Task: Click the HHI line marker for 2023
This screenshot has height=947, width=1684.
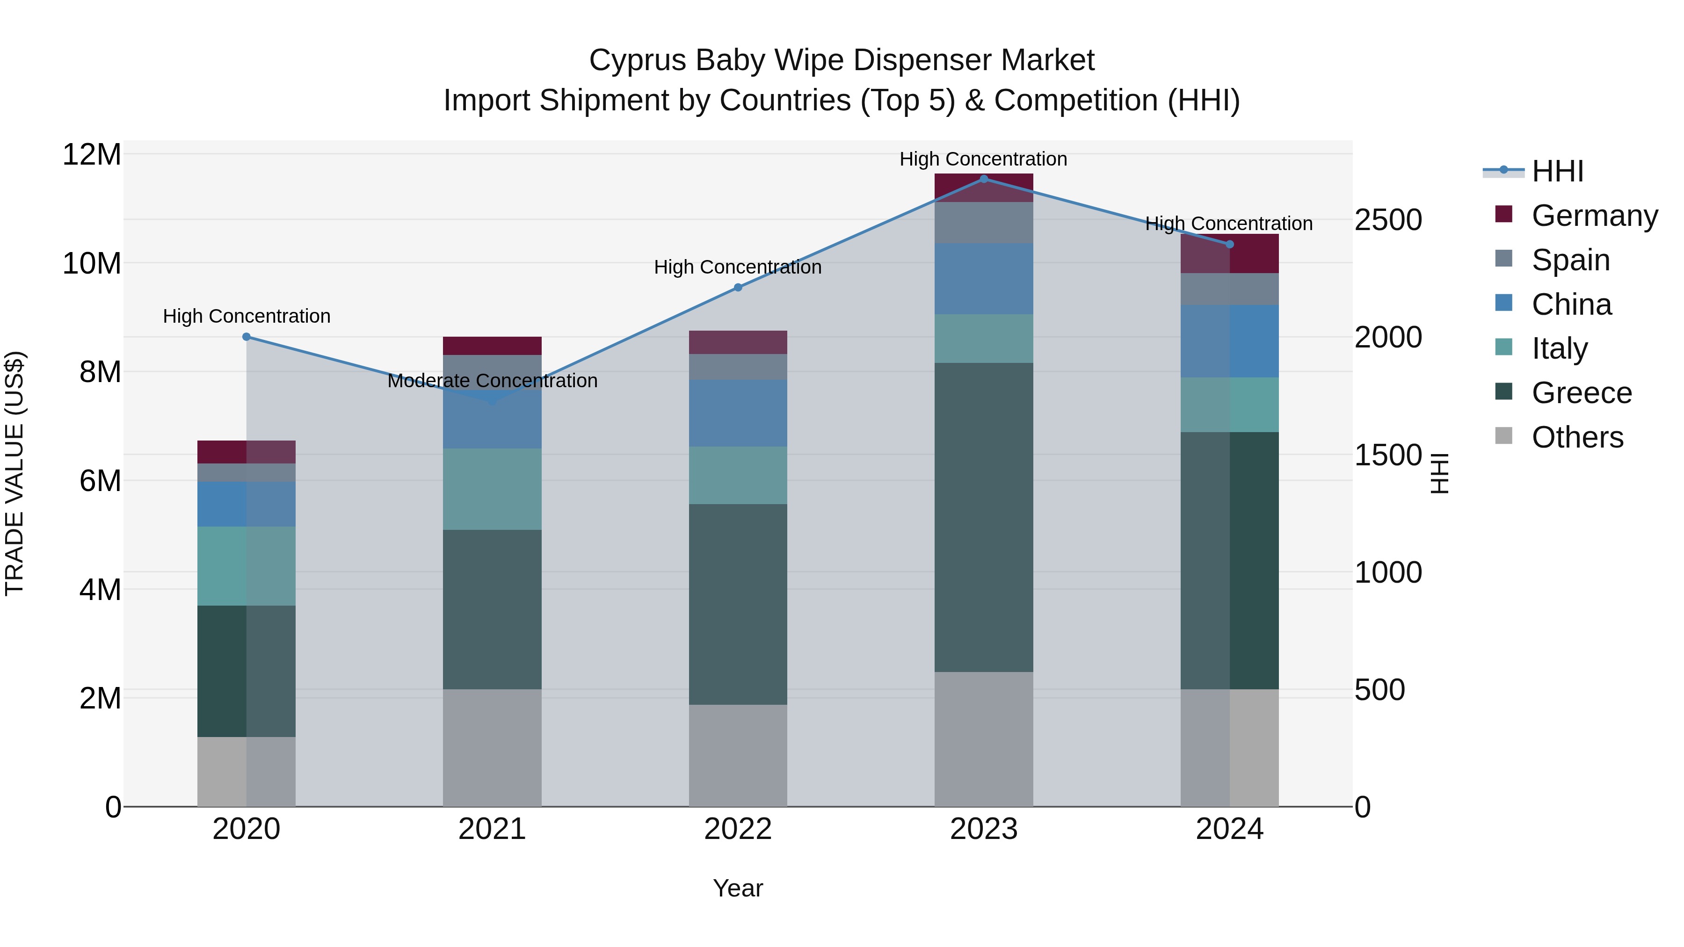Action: (983, 179)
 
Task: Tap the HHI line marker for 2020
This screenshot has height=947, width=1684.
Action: (247, 337)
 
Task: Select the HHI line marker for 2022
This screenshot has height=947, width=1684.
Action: (738, 288)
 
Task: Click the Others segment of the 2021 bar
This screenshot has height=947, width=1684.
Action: (492, 748)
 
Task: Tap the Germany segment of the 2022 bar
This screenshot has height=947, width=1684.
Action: (738, 342)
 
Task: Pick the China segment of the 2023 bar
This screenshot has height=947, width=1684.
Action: (983, 279)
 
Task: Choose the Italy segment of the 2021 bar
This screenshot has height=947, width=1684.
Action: (492, 489)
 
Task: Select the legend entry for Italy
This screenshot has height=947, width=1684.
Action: (1559, 348)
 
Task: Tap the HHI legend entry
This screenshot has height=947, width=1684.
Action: (1557, 171)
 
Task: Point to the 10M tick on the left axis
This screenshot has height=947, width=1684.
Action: (92, 263)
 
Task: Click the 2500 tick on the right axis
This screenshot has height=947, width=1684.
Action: (1387, 220)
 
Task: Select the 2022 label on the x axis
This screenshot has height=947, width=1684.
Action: (738, 829)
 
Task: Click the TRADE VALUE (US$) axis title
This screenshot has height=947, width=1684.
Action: (15, 474)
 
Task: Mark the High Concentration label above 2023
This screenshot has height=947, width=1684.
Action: (983, 159)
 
